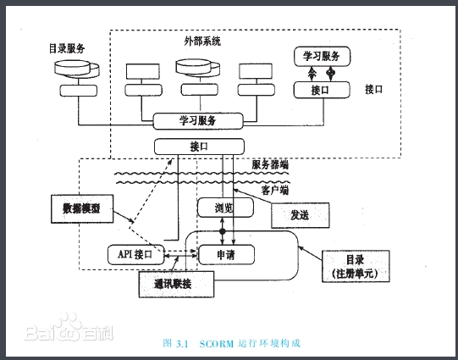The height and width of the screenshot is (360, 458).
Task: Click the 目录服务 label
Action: [x=67, y=48]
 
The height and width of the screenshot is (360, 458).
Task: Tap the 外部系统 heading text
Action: [x=202, y=42]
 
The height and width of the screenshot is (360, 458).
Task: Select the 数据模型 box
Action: [x=82, y=208]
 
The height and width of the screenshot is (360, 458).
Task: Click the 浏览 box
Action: [x=225, y=208]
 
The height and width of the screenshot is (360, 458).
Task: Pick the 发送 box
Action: [x=301, y=215]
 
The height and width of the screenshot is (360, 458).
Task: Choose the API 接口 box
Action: [x=136, y=254]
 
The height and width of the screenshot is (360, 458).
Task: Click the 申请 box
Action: [x=226, y=255]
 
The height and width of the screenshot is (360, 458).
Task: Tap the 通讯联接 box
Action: [x=176, y=284]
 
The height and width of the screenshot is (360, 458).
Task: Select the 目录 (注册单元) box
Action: [x=356, y=266]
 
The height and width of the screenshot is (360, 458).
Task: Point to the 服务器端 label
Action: [x=270, y=165]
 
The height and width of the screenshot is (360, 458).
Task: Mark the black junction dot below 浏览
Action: [x=223, y=232]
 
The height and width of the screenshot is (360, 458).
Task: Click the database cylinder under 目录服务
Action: [x=77, y=69]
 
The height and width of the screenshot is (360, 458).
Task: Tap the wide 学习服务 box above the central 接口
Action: [x=198, y=120]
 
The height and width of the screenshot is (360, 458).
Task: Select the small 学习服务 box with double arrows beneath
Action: [x=322, y=56]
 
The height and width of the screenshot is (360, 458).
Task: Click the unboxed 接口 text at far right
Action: [x=373, y=90]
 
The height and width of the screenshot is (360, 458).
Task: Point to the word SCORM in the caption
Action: [x=217, y=344]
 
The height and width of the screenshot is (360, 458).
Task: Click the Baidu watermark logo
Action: [x=69, y=328]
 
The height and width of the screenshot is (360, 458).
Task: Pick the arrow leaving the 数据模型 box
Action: [x=124, y=217]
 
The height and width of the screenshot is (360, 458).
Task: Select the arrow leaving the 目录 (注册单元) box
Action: [x=310, y=253]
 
